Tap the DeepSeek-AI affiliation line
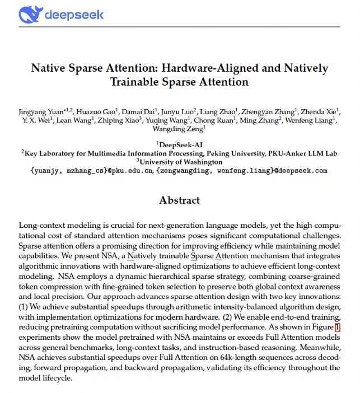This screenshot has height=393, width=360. click(180, 144)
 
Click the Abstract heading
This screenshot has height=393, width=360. click(179, 200)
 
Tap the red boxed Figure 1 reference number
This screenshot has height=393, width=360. click(337, 327)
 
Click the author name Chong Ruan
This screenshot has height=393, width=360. click(220, 119)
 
